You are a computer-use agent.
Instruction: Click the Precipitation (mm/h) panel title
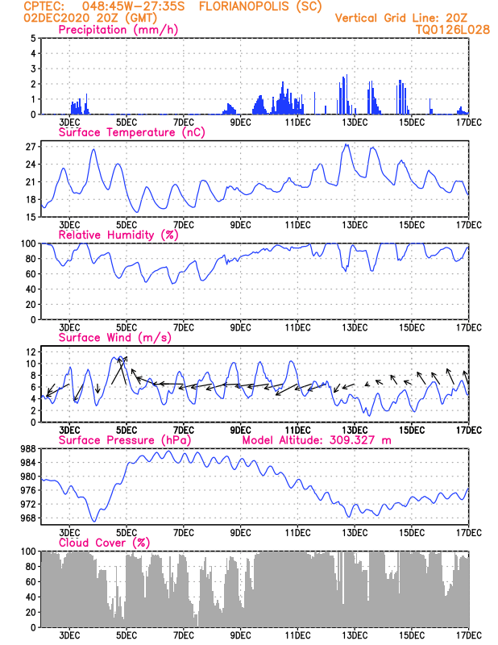[118, 30]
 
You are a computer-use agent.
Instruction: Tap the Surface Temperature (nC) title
[132, 132]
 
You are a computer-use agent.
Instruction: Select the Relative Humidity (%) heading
[118, 235]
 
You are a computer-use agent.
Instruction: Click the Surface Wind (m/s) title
[115, 338]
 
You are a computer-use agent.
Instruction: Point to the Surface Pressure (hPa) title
[125, 440]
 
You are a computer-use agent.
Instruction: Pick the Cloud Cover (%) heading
[105, 543]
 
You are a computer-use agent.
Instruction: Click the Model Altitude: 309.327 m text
[317, 440]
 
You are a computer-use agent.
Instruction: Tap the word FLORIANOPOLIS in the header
[245, 6]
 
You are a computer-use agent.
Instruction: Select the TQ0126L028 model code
[453, 30]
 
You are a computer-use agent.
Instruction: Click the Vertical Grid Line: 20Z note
[401, 18]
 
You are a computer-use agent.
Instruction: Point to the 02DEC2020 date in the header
[56, 18]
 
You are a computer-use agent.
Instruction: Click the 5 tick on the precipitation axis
[33, 38]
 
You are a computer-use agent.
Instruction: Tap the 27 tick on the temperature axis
[31, 147]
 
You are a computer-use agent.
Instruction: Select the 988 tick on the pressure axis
[28, 448]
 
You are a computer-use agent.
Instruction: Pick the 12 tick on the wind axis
[31, 352]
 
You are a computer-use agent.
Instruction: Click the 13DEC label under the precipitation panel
[355, 123]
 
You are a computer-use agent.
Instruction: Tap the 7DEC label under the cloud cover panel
[184, 635]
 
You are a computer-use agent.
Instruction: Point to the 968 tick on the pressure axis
[28, 518]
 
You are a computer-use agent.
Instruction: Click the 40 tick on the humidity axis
[31, 289]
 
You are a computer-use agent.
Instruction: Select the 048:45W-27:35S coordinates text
[134, 6]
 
